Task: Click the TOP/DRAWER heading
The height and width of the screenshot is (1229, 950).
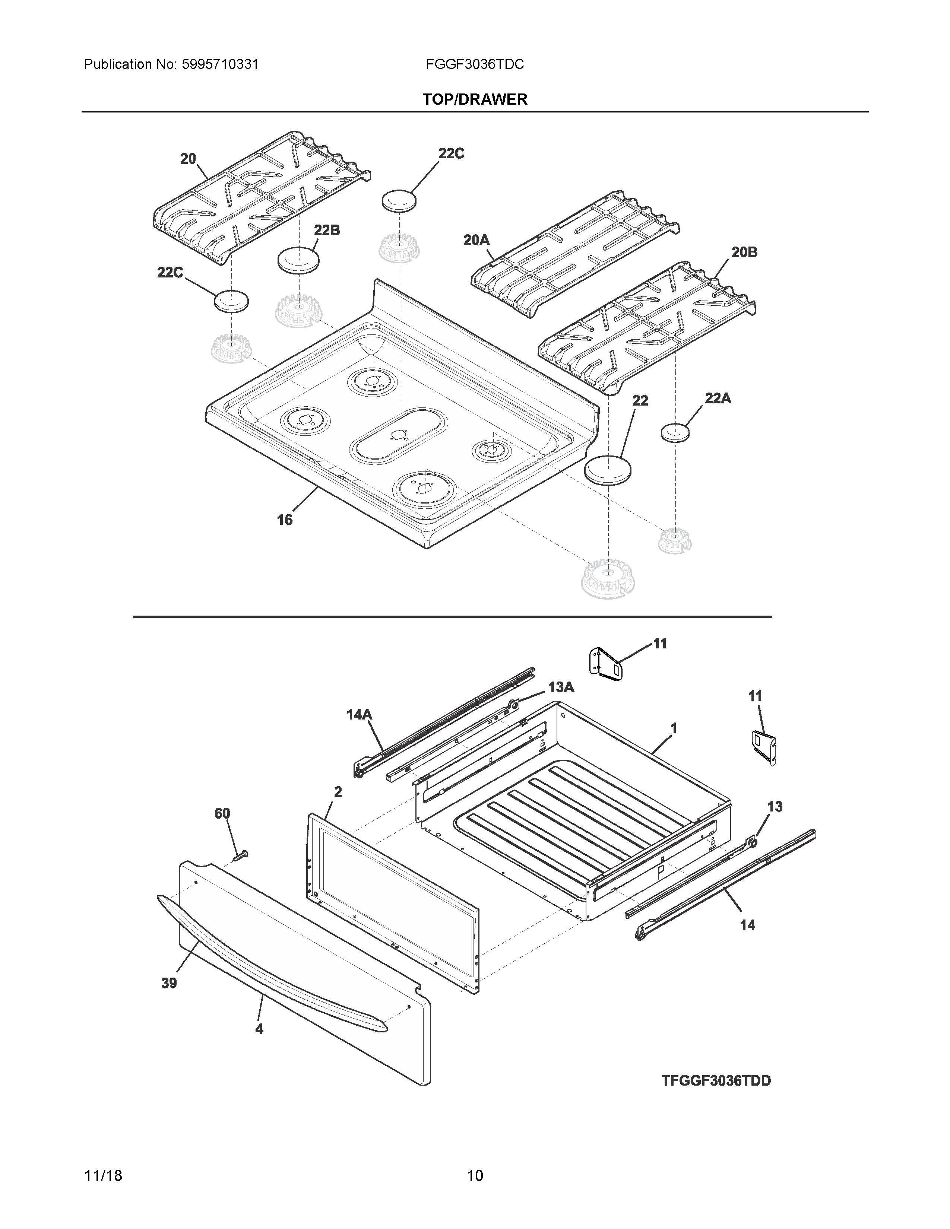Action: [474, 99]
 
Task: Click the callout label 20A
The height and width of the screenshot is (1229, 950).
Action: [476, 240]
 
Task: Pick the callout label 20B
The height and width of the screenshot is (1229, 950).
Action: [744, 252]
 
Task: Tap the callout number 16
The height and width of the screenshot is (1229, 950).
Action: [285, 520]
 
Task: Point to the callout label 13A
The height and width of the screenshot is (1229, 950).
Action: [561, 687]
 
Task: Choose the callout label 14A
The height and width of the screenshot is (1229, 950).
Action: [359, 715]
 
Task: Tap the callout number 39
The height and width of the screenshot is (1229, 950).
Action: [169, 983]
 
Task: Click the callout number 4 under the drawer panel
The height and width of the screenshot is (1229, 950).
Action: [259, 1029]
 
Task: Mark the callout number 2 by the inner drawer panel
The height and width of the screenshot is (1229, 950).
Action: [338, 792]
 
